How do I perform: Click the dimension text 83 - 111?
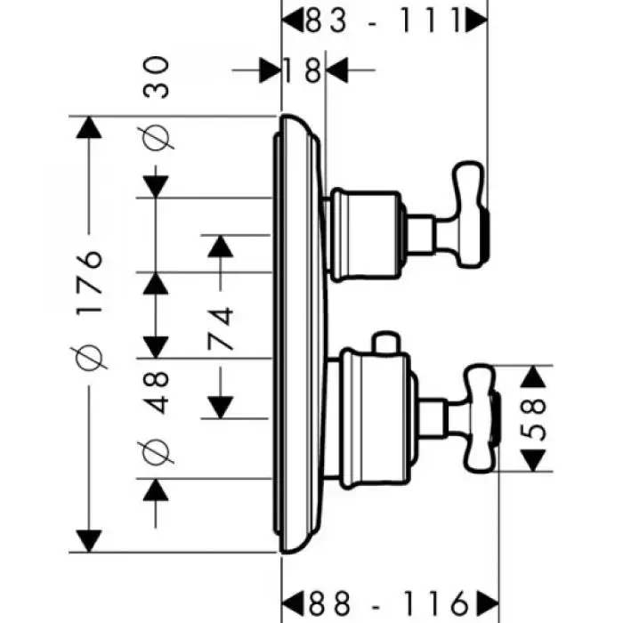coord(385,18)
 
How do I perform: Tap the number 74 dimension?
coord(220,330)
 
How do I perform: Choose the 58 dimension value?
coord(532,418)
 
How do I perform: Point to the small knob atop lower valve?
coord(384,344)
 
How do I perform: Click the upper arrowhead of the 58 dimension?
coord(532,376)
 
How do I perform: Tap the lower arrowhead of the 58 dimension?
coord(532,461)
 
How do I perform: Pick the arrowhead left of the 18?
coord(270,69)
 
